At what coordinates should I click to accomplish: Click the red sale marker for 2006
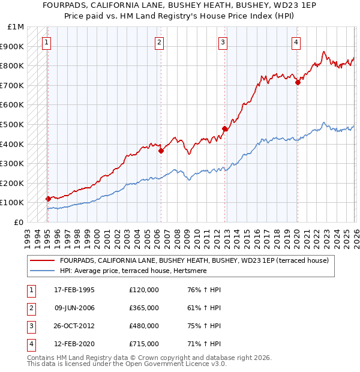(161, 151)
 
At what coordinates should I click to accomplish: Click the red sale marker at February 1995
(48, 199)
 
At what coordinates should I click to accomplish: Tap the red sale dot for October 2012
(225, 128)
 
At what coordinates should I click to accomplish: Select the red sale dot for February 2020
(298, 83)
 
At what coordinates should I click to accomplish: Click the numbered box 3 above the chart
(223, 42)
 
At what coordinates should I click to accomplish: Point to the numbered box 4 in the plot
(296, 42)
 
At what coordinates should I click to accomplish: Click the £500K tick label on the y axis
(13, 124)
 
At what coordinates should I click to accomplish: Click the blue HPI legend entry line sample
(42, 271)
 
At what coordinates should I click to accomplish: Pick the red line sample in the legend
(42, 261)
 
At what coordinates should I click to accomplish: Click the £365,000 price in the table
(144, 308)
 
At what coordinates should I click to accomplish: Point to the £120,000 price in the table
(144, 290)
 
